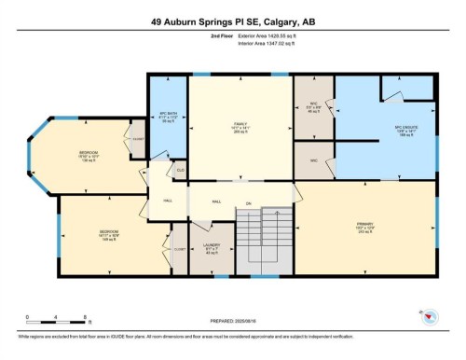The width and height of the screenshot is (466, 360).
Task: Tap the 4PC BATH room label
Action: tap(169, 117)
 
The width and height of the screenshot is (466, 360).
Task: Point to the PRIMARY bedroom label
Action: tap(364, 228)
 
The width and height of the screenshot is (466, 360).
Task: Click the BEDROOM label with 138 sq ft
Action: tap(89, 156)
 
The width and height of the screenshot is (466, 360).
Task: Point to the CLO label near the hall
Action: tap(180, 171)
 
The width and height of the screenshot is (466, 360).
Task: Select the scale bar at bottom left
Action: tap(56, 319)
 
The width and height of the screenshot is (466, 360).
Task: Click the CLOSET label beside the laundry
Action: tap(179, 249)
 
